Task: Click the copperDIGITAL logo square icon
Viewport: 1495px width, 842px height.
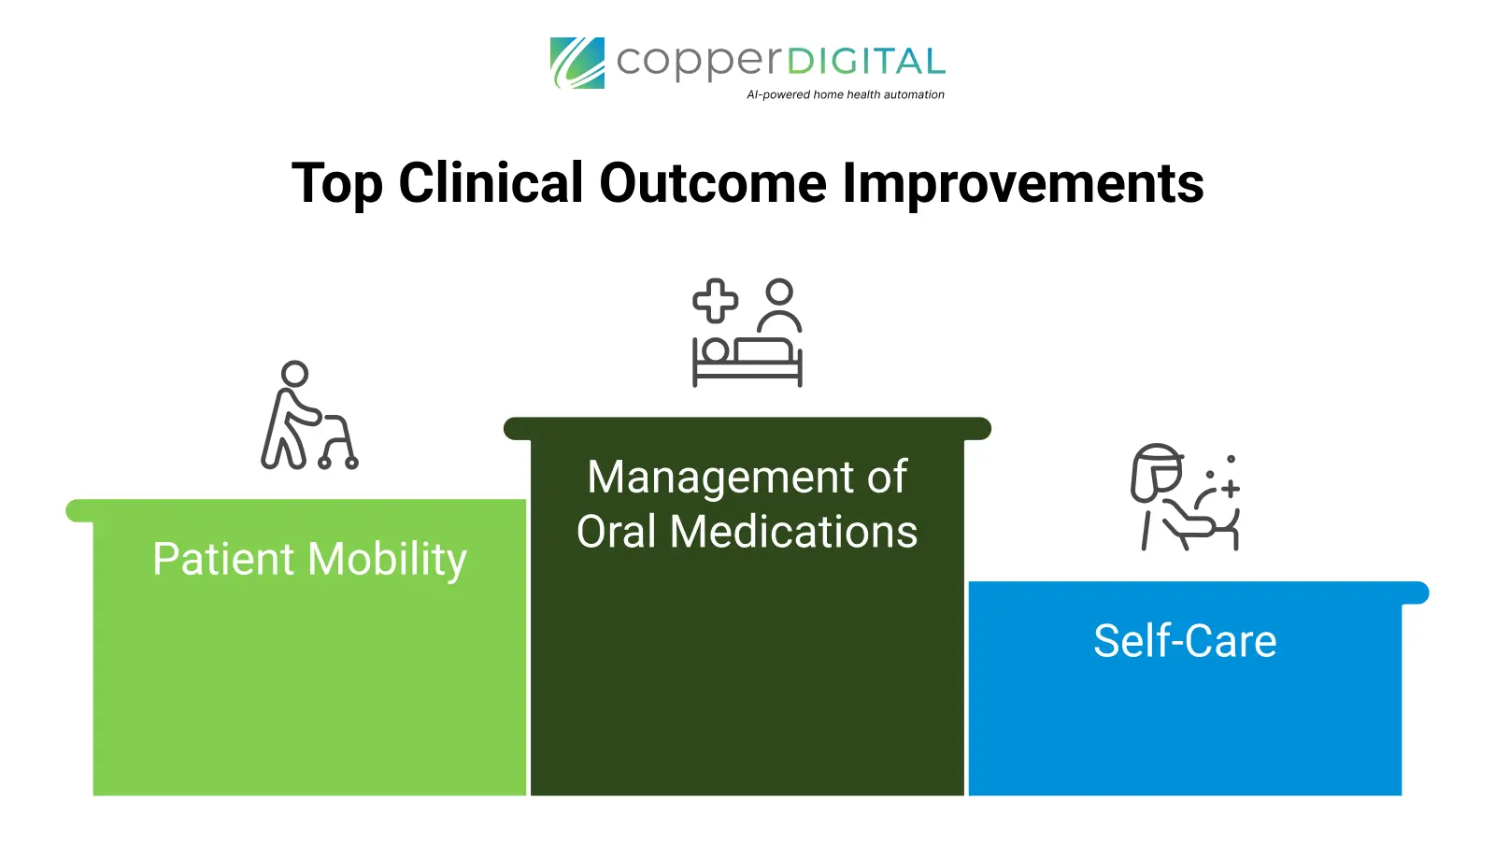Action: point(577,63)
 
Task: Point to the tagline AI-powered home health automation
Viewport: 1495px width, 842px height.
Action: point(845,94)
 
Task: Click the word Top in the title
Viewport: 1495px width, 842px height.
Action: point(337,183)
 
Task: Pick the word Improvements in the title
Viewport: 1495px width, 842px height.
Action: point(1023,183)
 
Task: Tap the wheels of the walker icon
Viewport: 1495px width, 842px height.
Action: point(337,462)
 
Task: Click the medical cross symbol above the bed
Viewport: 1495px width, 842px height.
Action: point(715,301)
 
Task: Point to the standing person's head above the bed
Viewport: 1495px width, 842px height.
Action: point(779,293)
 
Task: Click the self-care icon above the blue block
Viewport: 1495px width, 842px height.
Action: point(1185,497)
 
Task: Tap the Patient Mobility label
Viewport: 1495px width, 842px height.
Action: point(309,560)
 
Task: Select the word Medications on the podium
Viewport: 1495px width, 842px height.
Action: point(793,532)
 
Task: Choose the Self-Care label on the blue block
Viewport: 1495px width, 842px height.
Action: point(1185,641)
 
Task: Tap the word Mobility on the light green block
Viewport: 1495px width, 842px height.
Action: point(387,560)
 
